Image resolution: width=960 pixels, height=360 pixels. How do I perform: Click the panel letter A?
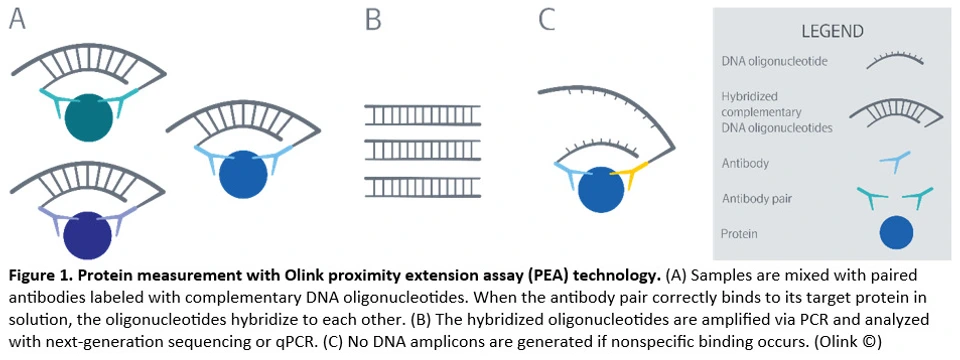tap(17, 21)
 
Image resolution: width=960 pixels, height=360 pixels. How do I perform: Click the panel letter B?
tap(373, 21)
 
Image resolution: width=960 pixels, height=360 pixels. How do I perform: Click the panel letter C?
tap(546, 21)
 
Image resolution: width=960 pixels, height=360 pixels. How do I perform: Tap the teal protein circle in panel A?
tap(89, 116)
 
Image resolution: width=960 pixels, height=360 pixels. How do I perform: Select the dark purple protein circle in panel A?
tap(88, 234)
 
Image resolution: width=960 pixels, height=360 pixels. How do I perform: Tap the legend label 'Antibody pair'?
tap(758, 198)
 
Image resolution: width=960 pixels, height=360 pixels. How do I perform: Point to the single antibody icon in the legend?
tap(892, 160)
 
